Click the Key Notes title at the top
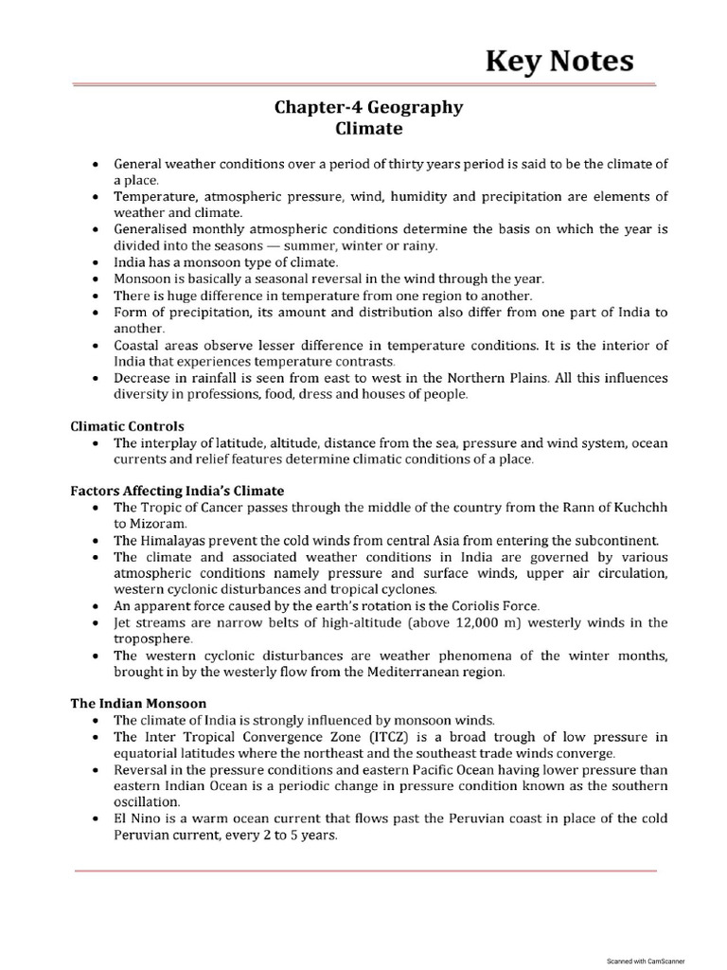pyautogui.click(x=559, y=61)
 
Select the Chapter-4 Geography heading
pyautogui.click(x=368, y=107)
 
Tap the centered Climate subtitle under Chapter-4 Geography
pyautogui.click(x=368, y=128)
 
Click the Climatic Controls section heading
pyautogui.click(x=128, y=427)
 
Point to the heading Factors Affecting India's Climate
pyautogui.click(x=177, y=491)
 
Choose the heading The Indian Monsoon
pyautogui.click(x=138, y=704)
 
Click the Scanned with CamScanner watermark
pyautogui.click(x=646, y=960)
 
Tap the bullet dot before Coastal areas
pyautogui.click(x=96, y=345)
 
